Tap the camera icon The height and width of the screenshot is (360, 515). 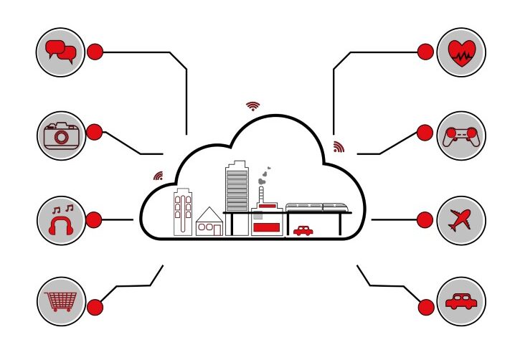(x=61, y=135)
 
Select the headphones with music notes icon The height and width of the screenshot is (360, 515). (x=61, y=219)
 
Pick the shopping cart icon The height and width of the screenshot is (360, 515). (x=61, y=301)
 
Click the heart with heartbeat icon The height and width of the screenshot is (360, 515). (x=461, y=52)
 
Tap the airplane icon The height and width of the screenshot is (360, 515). (x=461, y=219)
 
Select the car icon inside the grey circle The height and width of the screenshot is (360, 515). (x=461, y=301)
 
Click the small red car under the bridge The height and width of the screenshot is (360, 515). (x=303, y=230)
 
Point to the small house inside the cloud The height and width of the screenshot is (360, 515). (x=209, y=222)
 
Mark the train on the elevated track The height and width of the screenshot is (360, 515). (x=318, y=207)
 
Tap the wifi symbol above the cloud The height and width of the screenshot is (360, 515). (x=252, y=106)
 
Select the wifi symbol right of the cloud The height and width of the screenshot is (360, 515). (x=339, y=147)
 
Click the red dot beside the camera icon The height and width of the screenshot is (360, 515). (x=95, y=132)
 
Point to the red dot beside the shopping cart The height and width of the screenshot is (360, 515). (x=95, y=307)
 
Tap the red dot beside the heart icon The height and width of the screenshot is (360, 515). (x=425, y=52)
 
